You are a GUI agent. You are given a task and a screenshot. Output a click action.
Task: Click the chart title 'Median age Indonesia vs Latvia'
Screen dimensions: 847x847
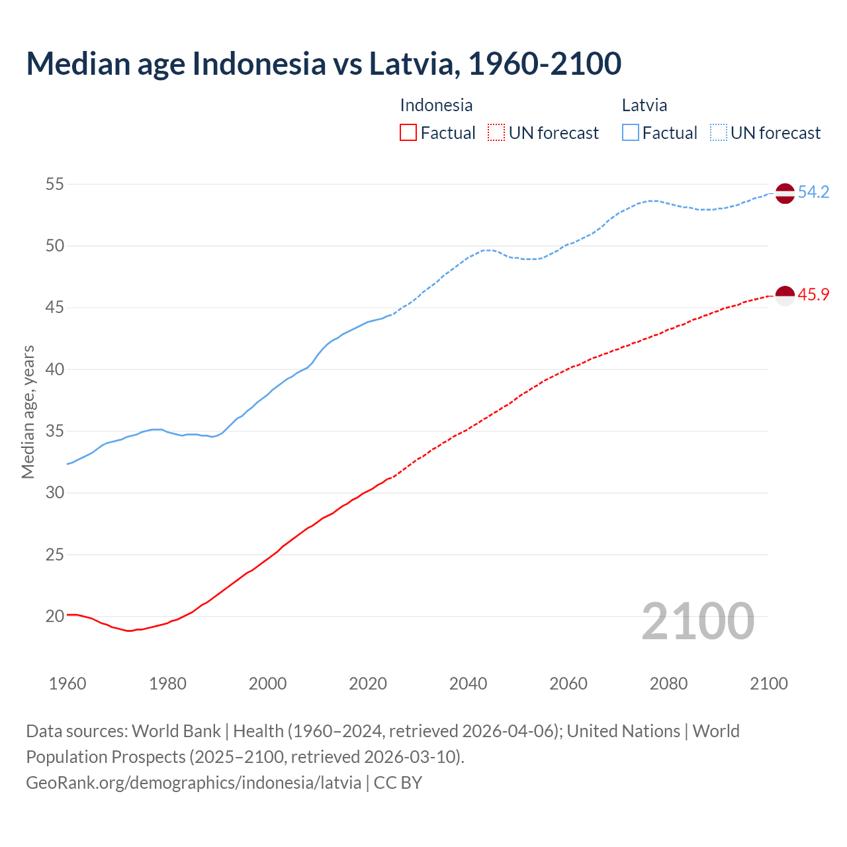(324, 64)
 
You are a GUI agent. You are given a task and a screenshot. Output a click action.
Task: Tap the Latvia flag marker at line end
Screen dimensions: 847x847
(784, 193)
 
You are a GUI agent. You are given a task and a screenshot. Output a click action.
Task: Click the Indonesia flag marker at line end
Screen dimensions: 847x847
(784, 296)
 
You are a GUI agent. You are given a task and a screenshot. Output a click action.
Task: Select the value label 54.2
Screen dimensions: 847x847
(813, 193)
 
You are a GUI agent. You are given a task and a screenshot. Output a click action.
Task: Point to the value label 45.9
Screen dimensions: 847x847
(813, 295)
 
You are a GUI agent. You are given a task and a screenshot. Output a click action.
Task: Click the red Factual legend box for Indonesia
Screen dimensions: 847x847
(408, 133)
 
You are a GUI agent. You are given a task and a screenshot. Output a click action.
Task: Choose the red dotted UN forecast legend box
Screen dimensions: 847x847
(496, 133)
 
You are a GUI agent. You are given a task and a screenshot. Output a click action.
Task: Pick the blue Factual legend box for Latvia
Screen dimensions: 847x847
(631, 133)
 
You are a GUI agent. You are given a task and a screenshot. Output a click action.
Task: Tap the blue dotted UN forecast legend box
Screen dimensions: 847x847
(718, 133)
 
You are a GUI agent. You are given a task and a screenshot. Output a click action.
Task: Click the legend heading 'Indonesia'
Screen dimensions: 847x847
(436, 105)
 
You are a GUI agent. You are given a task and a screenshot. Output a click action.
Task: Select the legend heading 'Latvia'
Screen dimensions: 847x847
(644, 105)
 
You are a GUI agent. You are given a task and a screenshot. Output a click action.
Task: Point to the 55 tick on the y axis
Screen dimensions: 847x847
(55, 184)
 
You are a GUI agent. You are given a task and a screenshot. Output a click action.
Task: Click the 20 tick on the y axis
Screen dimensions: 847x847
(55, 616)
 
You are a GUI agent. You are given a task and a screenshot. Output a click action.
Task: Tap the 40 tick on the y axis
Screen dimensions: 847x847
(55, 369)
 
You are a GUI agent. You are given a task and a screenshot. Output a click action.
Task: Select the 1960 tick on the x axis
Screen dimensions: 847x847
(67, 684)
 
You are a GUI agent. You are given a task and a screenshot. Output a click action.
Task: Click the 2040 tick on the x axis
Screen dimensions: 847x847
(468, 684)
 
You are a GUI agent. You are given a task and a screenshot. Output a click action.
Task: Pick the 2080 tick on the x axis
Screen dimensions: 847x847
(668, 684)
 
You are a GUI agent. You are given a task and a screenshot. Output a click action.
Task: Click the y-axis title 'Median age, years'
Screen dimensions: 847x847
(28, 411)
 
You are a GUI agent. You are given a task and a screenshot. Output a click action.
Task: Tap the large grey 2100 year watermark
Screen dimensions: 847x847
(697, 621)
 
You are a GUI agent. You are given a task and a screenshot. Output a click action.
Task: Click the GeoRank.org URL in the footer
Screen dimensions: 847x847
(193, 783)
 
